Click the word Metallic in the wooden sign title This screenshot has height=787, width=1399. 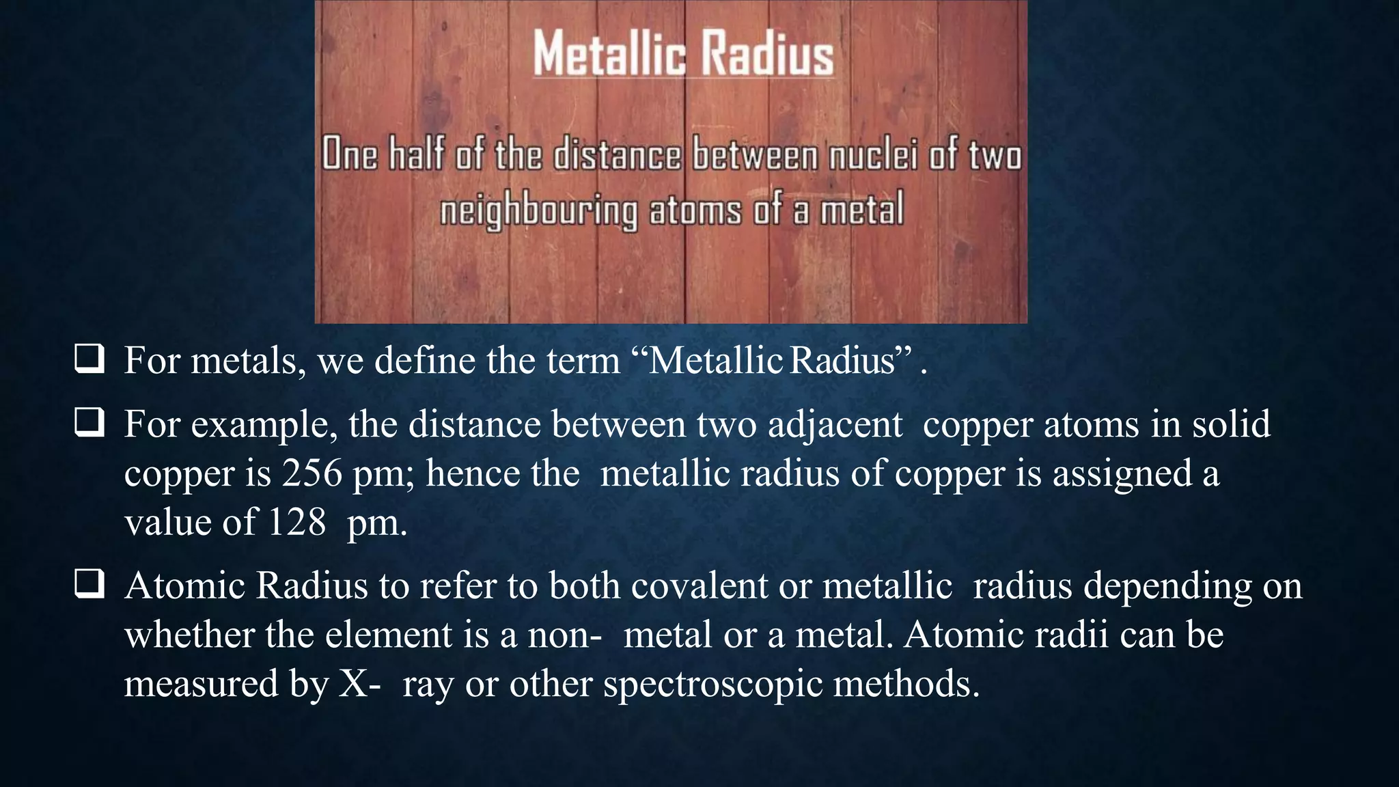[609, 53]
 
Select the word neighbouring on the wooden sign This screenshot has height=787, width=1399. [538, 210]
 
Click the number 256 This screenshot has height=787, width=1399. [311, 473]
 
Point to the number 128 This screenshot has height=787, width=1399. [296, 523]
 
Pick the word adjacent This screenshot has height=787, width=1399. [835, 424]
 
